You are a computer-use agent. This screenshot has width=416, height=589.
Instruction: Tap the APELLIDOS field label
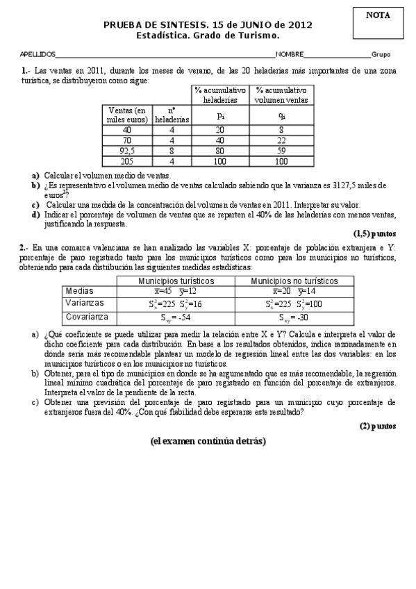tap(38, 54)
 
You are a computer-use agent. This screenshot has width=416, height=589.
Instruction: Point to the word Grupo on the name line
tap(381, 54)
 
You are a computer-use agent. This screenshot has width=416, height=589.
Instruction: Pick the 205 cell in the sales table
tap(126, 161)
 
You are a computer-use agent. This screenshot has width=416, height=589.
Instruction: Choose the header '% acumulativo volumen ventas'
tap(281, 95)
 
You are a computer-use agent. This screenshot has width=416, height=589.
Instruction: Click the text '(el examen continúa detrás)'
tap(208, 440)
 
